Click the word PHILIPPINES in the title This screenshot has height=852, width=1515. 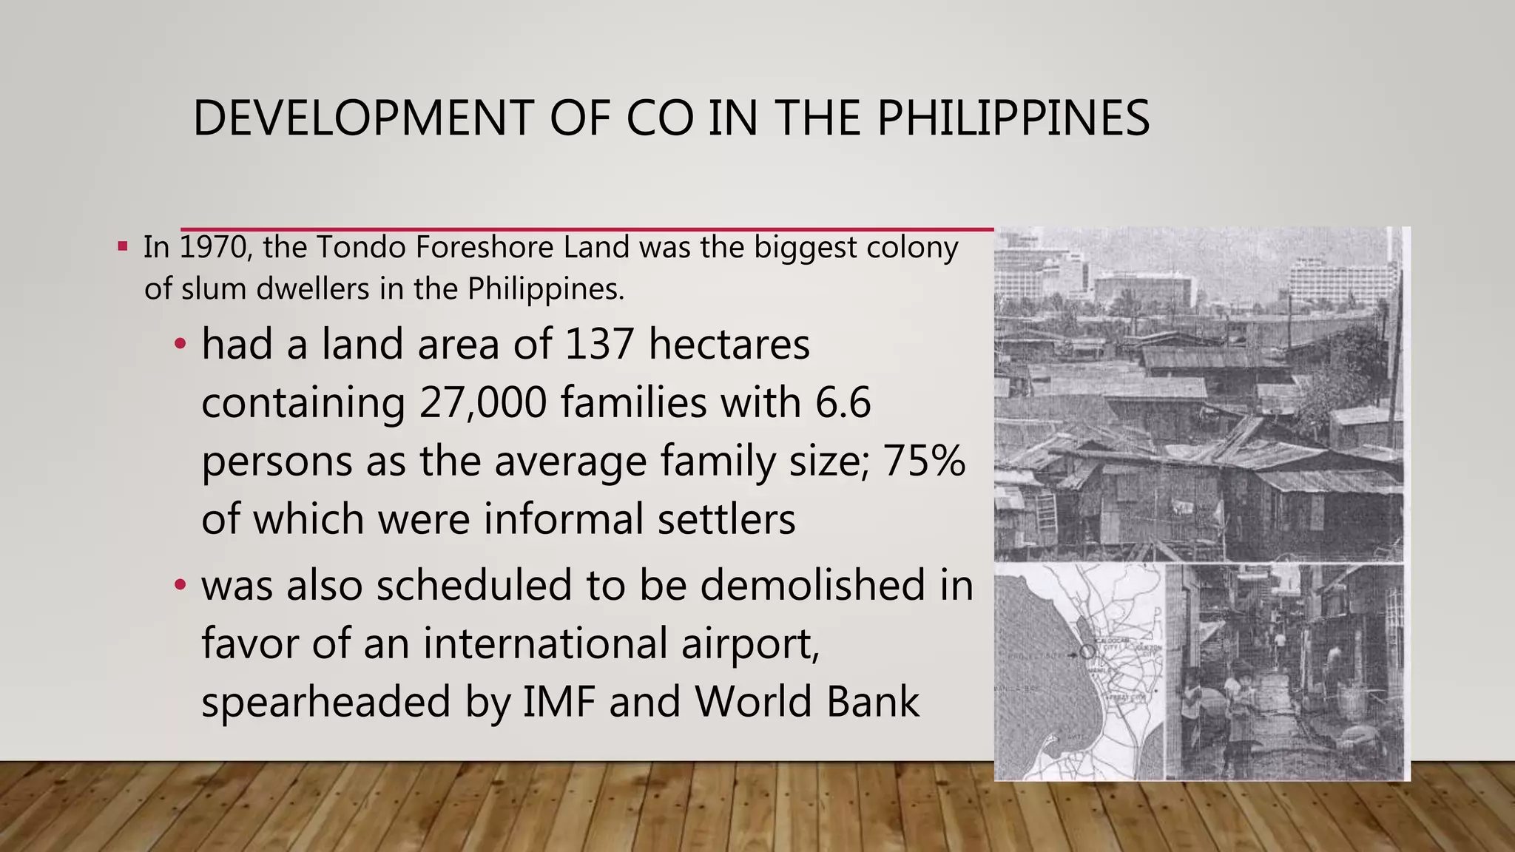tap(1013, 118)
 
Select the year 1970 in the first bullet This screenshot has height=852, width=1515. tap(215, 248)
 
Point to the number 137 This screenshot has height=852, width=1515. tap(598, 345)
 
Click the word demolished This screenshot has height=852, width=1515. tap(812, 585)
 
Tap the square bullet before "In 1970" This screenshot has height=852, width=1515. tap(123, 246)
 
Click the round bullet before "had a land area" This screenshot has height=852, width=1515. tap(180, 345)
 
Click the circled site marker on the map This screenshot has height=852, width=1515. tap(1087, 652)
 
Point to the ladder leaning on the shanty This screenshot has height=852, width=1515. tap(1045, 511)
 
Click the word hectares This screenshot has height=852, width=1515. tap(729, 345)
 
